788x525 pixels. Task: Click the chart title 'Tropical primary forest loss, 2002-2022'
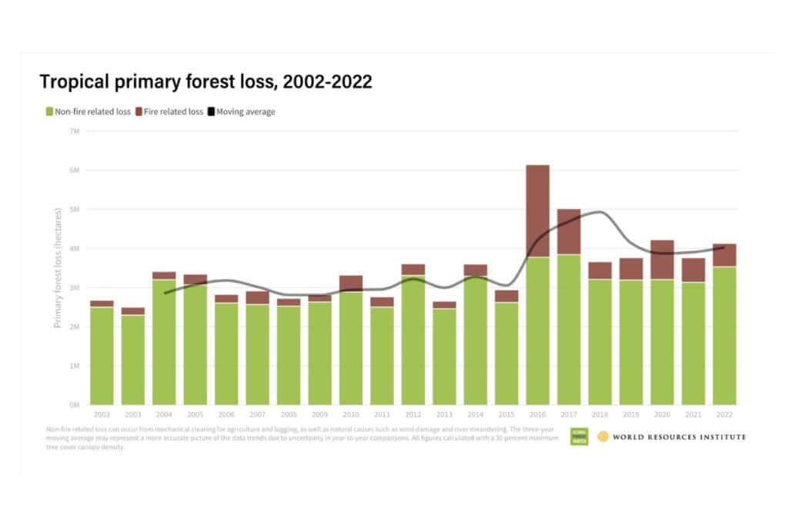coord(205,82)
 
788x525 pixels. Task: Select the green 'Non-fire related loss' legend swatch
coord(50,111)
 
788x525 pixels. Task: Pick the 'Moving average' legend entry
coord(245,111)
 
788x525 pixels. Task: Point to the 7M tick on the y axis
coord(75,131)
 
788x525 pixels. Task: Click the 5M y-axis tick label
coord(75,209)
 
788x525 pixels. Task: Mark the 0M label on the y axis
coord(75,404)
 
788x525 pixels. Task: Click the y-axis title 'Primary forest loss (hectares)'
coord(58,267)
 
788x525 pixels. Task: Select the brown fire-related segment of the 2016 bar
coord(537,211)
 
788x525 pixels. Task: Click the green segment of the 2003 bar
coord(133,360)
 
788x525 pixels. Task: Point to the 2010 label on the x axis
coord(351,413)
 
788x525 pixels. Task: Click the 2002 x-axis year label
coord(102,413)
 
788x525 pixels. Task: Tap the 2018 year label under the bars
coord(600,413)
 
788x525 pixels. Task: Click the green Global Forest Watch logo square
coord(579,437)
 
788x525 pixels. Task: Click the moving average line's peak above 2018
coord(600,212)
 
